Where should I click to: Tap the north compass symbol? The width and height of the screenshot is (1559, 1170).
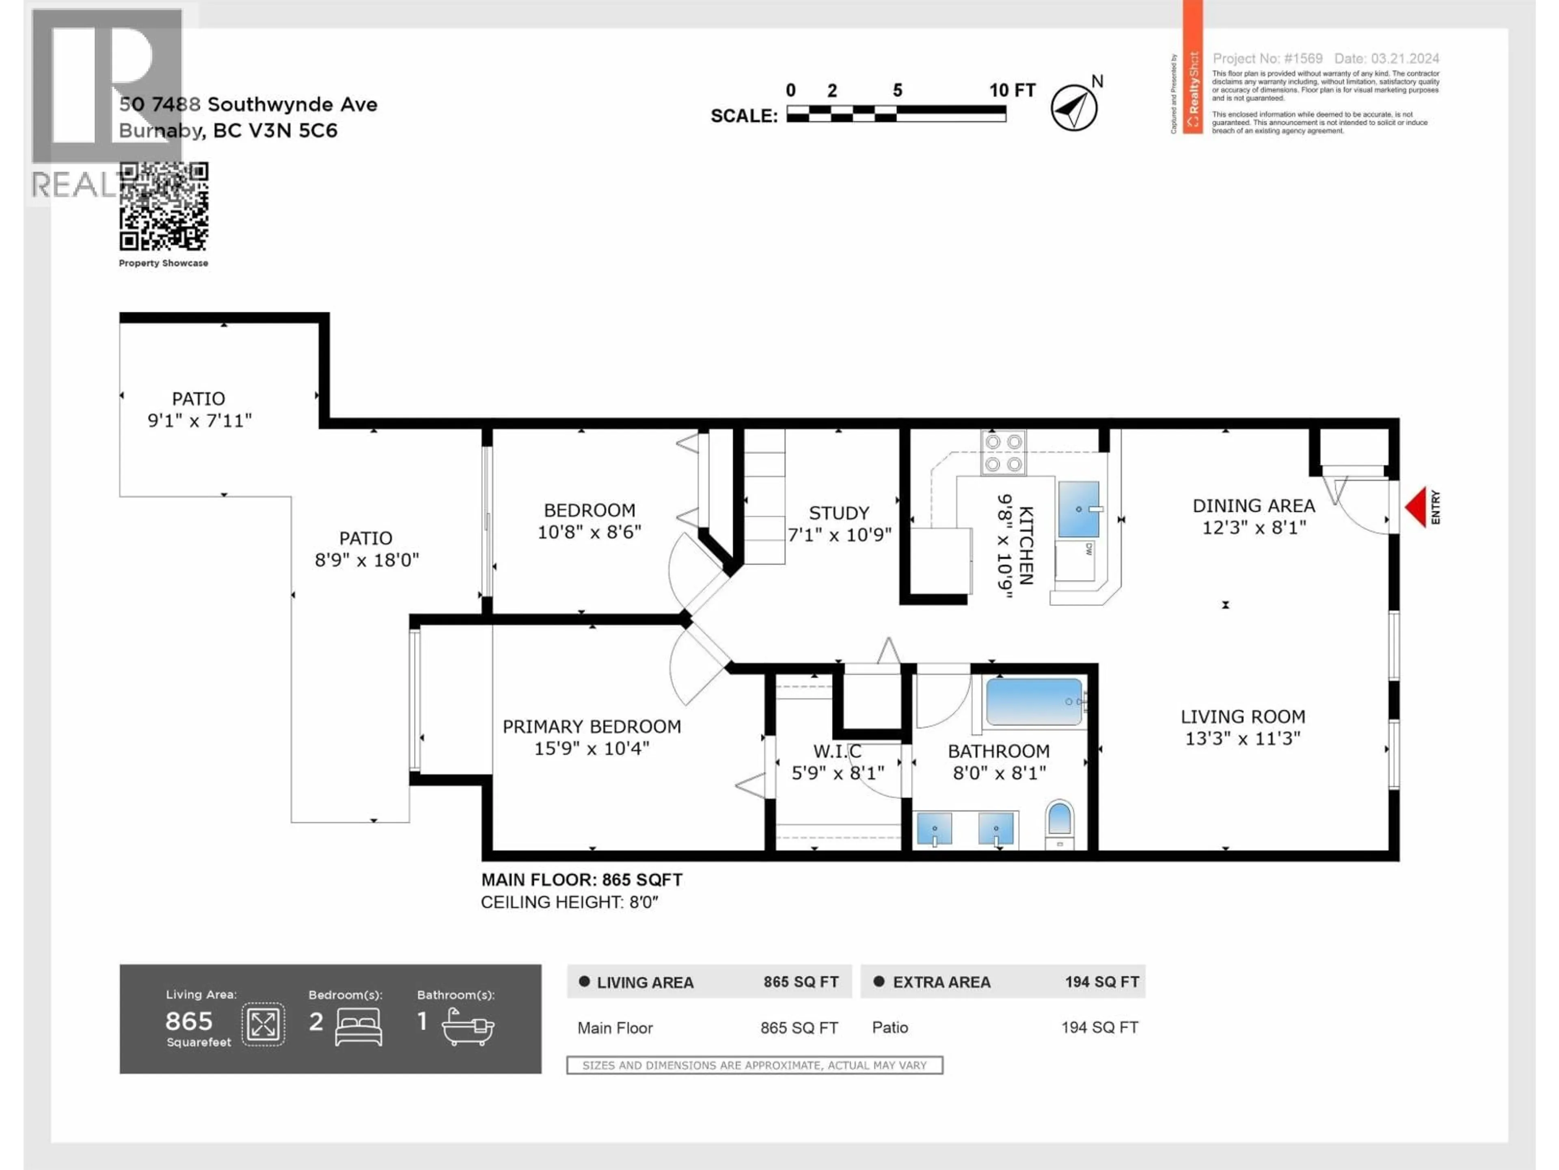click(1074, 107)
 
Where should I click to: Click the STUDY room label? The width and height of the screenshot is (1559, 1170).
click(839, 513)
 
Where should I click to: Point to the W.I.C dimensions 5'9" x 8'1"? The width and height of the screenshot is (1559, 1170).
click(837, 773)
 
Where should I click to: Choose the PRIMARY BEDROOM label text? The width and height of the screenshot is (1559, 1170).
click(591, 726)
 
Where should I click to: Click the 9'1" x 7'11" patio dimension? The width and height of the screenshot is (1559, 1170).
click(199, 420)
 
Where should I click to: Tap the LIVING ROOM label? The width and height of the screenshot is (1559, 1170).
click(1243, 717)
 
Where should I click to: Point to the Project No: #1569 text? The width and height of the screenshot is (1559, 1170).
click(1267, 58)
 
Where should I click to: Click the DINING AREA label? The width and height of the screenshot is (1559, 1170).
click(1253, 506)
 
